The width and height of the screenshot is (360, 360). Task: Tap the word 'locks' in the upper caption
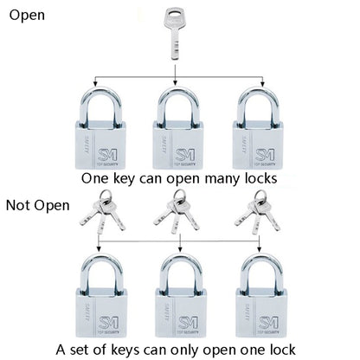[260, 178]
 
